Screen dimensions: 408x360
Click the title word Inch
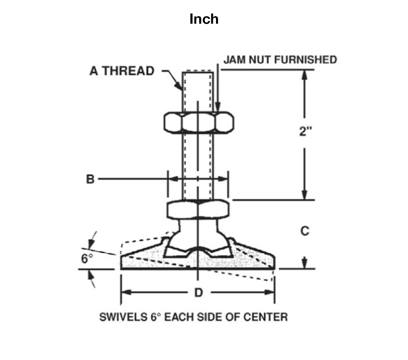[x=204, y=19]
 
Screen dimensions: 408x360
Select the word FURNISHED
[x=305, y=60]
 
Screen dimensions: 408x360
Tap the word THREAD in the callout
[x=128, y=71]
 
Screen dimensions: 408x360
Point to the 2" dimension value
[x=305, y=131]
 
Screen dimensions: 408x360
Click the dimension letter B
[x=90, y=179]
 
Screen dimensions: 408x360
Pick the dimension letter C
[x=305, y=231]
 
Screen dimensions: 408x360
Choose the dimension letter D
[x=199, y=293]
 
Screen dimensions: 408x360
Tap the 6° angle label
[x=87, y=259]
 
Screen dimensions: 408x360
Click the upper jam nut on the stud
[x=199, y=122]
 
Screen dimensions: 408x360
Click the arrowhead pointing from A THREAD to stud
[x=178, y=86]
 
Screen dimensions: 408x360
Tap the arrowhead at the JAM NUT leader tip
[x=218, y=106]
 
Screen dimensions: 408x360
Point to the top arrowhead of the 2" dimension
[x=304, y=74]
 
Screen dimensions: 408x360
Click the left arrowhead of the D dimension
[x=126, y=292]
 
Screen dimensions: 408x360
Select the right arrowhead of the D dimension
[x=269, y=292]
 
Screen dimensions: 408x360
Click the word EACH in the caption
[x=179, y=317]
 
